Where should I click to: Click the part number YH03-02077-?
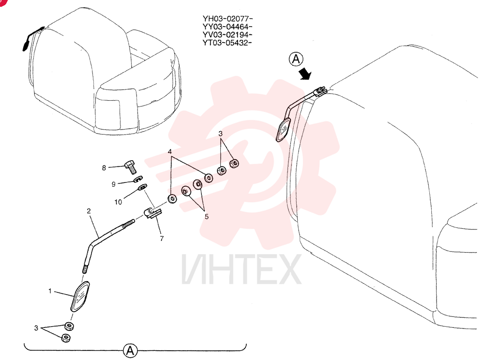227,18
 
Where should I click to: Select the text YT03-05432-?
227,43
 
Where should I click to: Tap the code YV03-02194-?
227,34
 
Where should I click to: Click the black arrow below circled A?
305,74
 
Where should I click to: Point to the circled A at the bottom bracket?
130,351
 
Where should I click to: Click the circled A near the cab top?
296,59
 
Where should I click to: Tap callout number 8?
104,168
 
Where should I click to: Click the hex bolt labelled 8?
131,166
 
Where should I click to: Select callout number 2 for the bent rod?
89,211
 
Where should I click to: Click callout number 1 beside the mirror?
50,291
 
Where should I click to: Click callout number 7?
162,239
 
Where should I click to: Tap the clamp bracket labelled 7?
153,213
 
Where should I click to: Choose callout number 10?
118,202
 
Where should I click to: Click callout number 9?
114,184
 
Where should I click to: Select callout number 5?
207,217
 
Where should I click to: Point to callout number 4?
170,152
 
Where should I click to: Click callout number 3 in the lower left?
36,328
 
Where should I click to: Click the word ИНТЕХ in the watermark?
242,269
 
